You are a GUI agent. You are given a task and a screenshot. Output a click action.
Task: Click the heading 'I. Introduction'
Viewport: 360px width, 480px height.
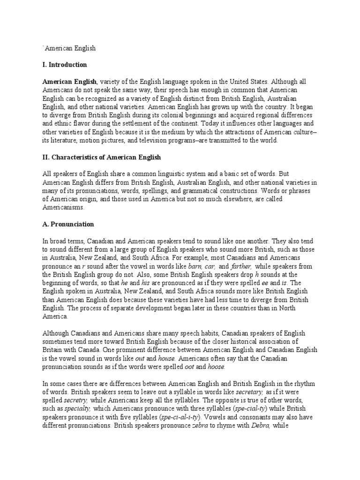coord(65,64)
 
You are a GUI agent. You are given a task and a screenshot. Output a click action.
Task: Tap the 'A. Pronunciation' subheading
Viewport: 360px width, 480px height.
coord(68,224)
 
